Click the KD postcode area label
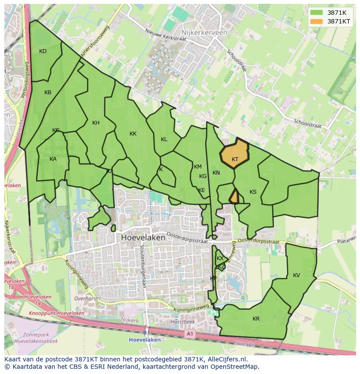[43, 51]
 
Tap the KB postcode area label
[48, 93]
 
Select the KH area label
[96, 123]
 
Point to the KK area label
[133, 134]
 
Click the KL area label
[164, 139]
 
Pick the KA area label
[53, 159]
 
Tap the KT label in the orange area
[235, 159]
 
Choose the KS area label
[253, 192]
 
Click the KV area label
[297, 275]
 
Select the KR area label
[256, 319]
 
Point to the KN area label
[216, 173]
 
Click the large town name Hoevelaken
[143, 238]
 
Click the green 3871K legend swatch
[317, 13]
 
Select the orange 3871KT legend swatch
[317, 21]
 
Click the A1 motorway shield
[189, 334]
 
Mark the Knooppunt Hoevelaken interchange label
[57, 313]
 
